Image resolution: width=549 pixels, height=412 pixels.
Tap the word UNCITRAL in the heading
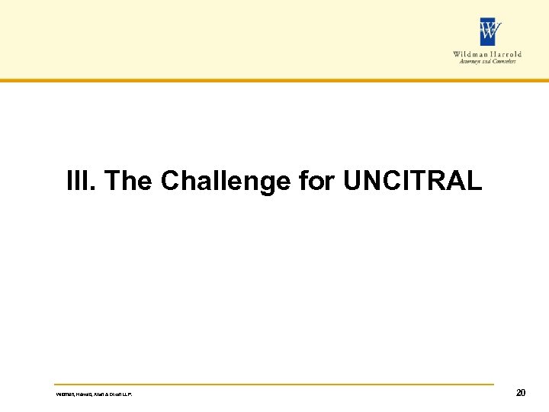413,182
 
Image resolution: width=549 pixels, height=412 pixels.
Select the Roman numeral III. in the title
82,182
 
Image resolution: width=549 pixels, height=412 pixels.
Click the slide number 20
521,393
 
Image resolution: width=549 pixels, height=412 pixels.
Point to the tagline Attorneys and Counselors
488,62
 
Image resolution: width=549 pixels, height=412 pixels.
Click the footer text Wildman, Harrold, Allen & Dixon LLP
99,394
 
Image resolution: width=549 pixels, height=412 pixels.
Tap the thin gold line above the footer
274,384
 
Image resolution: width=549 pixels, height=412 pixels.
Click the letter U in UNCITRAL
352,182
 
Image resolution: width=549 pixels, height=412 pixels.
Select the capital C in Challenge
169,182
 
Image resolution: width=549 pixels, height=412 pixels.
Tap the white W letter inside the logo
490,32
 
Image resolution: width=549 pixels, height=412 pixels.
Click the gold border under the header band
274,79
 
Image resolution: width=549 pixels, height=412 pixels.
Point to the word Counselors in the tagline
502,62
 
